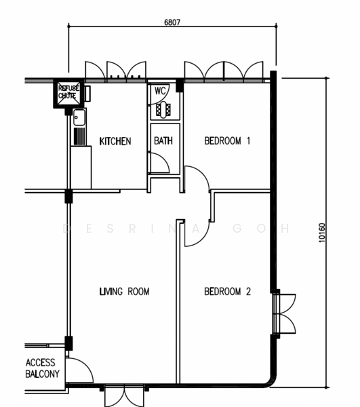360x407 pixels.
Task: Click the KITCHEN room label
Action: [115, 141]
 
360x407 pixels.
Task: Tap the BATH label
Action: [163, 140]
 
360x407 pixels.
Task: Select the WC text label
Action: [160, 91]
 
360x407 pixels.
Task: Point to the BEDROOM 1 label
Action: [227, 140]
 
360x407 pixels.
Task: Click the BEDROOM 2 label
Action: [228, 292]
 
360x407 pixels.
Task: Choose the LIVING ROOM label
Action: [125, 292]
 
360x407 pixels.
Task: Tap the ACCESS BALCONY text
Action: [42, 368]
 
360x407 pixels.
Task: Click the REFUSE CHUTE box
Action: [68, 94]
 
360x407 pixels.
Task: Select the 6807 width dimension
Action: [172, 22]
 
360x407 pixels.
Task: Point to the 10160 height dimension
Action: [321, 233]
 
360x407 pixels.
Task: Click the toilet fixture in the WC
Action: [163, 110]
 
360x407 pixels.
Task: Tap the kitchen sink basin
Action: [79, 117]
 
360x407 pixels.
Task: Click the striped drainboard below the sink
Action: [79, 136]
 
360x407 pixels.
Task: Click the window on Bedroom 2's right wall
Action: [284, 313]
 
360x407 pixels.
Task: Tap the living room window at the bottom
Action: [124, 396]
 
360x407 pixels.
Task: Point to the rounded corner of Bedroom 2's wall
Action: [272, 381]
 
